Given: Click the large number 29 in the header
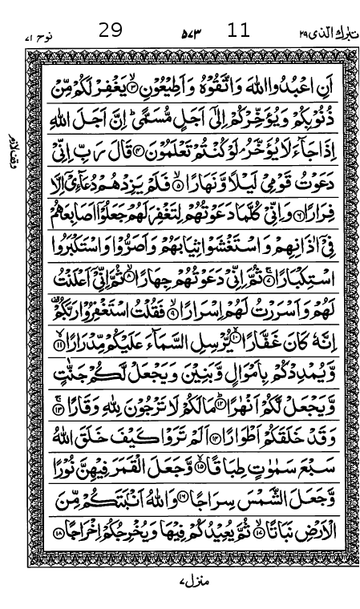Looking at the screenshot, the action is click(x=111, y=31).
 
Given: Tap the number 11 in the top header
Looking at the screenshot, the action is click(x=238, y=31).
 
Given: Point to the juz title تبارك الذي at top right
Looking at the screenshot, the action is click(x=321, y=32).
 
